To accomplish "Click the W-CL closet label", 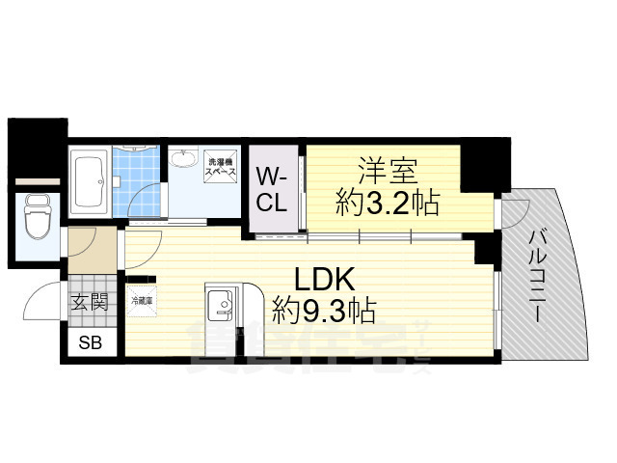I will pos(271,190).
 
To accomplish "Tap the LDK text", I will pos(325,279).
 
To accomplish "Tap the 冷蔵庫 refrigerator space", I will pos(141,301).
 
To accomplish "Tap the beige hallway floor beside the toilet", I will pos(92,249).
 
